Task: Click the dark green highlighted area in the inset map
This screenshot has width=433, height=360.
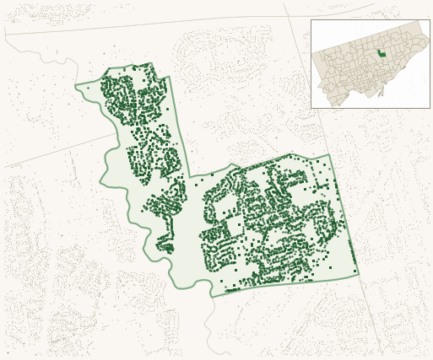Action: coord(382,54)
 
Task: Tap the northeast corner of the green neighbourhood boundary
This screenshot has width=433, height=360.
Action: coord(329,154)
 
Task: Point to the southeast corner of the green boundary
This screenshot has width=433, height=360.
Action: coord(358,274)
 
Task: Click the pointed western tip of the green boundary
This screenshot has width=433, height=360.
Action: coord(75,85)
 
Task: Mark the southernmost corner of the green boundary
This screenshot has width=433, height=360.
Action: coord(212,297)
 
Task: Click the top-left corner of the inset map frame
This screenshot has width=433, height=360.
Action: coord(311,20)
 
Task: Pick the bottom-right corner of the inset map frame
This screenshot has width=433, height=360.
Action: coord(430,108)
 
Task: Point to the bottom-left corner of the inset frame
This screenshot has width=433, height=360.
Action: coord(311,108)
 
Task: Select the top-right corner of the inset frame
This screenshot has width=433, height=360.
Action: coord(430,20)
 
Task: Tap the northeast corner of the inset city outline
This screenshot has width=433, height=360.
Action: coord(419,22)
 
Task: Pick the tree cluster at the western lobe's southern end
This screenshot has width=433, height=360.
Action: coord(165,247)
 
